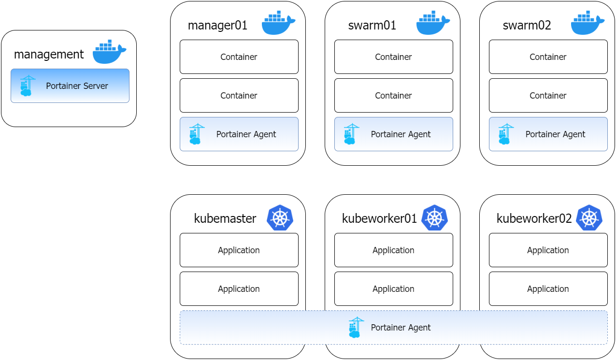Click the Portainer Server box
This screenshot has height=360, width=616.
[x=70, y=86]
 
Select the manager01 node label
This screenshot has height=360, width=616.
[x=217, y=25]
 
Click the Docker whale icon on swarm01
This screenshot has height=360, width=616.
[x=433, y=23]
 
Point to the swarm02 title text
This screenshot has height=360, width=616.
[x=527, y=25]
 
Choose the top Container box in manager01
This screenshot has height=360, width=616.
[x=239, y=57]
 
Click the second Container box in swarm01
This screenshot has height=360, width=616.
[x=393, y=95]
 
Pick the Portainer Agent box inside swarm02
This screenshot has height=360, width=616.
[x=548, y=134]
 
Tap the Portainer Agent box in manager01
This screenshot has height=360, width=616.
[x=239, y=134]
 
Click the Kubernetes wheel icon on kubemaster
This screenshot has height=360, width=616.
[x=280, y=217]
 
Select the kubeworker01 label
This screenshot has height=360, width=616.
[x=379, y=218]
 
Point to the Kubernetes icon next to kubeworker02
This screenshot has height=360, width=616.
[x=589, y=217]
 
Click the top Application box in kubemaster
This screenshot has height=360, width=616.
[x=239, y=250]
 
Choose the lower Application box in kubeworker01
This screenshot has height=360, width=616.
[x=393, y=288]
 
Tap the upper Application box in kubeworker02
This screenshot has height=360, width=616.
[x=548, y=250]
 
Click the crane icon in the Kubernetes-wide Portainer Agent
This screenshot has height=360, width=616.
[x=356, y=327]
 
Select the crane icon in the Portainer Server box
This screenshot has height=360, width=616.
[x=27, y=86]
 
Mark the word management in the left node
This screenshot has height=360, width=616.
[x=49, y=54]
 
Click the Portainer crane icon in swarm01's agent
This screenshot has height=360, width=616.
[x=351, y=134]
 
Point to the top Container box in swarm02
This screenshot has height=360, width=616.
[x=548, y=57]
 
